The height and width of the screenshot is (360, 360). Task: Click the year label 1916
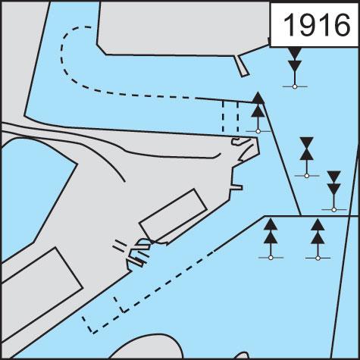coord(317,24)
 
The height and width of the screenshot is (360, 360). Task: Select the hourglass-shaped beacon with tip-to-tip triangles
coord(307,158)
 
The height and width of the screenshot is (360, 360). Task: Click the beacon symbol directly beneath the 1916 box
coord(295,67)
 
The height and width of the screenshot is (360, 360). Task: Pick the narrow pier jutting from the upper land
coord(242,66)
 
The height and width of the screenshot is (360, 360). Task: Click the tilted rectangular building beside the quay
coord(173,214)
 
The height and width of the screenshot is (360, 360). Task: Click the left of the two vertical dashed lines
coord(223,117)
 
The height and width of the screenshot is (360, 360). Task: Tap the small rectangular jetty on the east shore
coord(237,187)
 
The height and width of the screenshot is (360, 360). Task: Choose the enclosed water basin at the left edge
coord(36,195)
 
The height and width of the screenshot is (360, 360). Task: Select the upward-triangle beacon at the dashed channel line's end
coord(258,113)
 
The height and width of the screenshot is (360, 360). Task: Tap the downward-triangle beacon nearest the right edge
coord(333,191)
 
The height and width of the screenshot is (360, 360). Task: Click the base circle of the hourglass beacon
coord(307,176)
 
